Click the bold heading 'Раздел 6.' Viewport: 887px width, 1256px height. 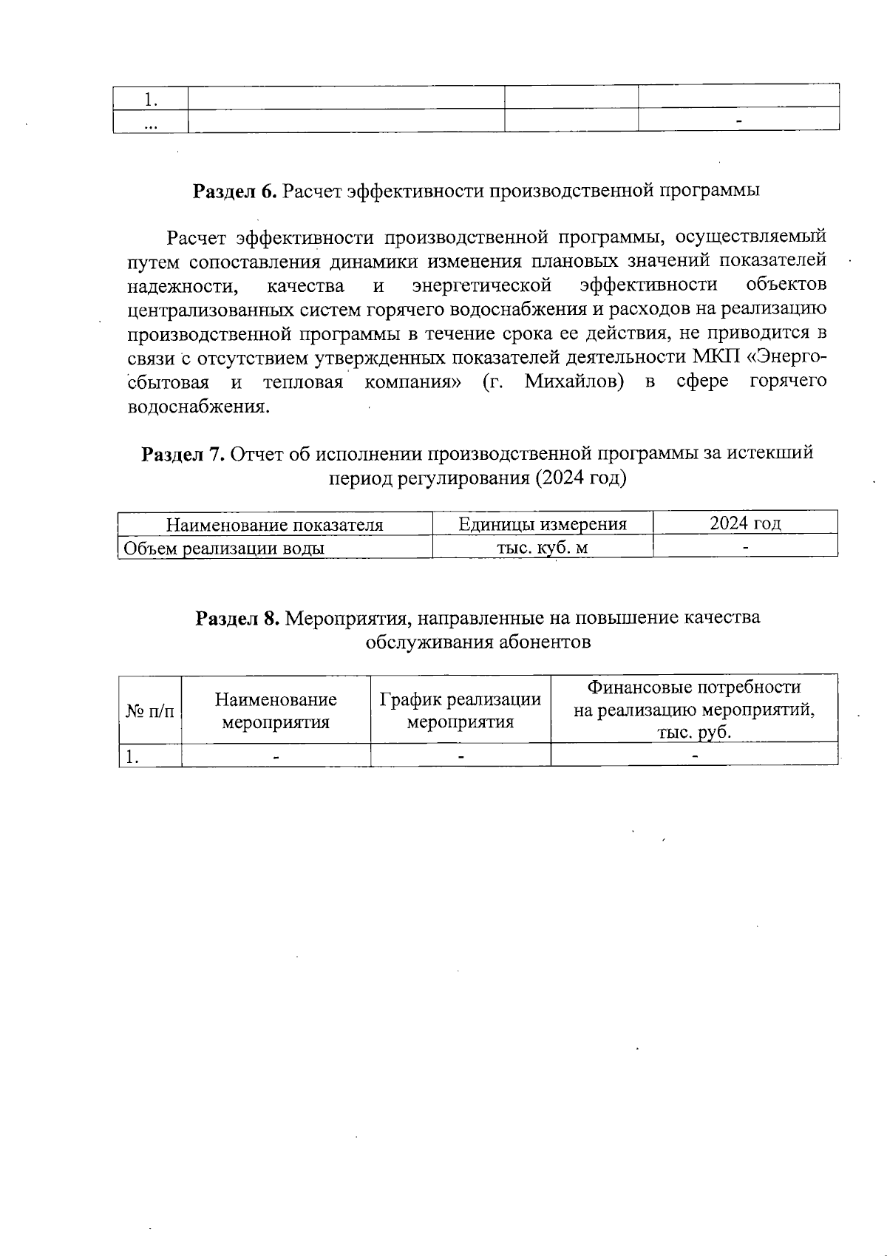point(234,191)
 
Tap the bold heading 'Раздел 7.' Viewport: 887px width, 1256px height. point(183,453)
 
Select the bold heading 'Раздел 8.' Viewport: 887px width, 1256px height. point(237,618)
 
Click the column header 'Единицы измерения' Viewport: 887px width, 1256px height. point(543,524)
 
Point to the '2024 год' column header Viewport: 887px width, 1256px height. point(745,523)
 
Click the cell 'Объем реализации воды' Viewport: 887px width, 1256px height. point(224,548)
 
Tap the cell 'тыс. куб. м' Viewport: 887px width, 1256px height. point(543,548)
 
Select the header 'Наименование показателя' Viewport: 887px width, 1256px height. point(275,525)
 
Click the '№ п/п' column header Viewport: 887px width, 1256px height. point(150,711)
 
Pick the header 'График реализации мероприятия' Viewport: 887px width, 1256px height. point(461,710)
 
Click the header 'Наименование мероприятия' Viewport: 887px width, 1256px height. point(276,710)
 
